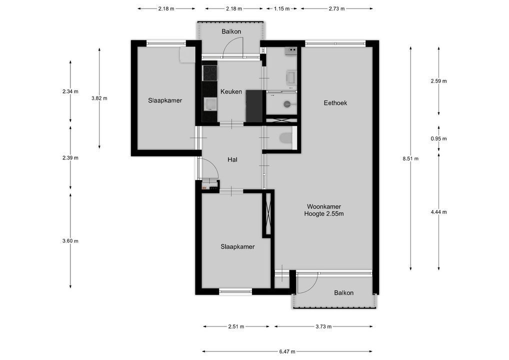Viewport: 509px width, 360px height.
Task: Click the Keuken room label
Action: coord(231,91)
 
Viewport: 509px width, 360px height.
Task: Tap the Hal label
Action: coord(232,159)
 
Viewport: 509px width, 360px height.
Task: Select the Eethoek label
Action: coord(335,103)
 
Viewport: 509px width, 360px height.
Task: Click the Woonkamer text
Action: coord(324,206)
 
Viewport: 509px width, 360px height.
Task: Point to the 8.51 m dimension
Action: coord(410,158)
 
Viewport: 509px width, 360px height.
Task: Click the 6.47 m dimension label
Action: coord(287,351)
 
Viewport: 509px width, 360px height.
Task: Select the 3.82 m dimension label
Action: coord(99,98)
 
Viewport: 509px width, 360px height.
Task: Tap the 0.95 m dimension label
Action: coord(439,138)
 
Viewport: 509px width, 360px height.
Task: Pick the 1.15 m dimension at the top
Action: coord(281,9)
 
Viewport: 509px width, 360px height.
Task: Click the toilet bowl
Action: coord(284,137)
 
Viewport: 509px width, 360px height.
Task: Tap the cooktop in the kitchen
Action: coord(209,73)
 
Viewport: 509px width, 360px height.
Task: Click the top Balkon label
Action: coord(231,31)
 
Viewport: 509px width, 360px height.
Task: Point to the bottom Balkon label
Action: coord(344,293)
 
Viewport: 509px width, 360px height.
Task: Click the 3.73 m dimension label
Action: coord(323,326)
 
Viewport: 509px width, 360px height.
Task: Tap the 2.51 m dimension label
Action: coord(236,326)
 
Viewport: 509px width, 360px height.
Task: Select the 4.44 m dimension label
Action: coord(439,212)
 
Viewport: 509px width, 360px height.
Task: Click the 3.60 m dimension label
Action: coord(70,241)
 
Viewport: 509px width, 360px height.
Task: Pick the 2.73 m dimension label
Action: coord(336,9)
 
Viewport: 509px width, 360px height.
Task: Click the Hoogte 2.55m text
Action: coord(324,213)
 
